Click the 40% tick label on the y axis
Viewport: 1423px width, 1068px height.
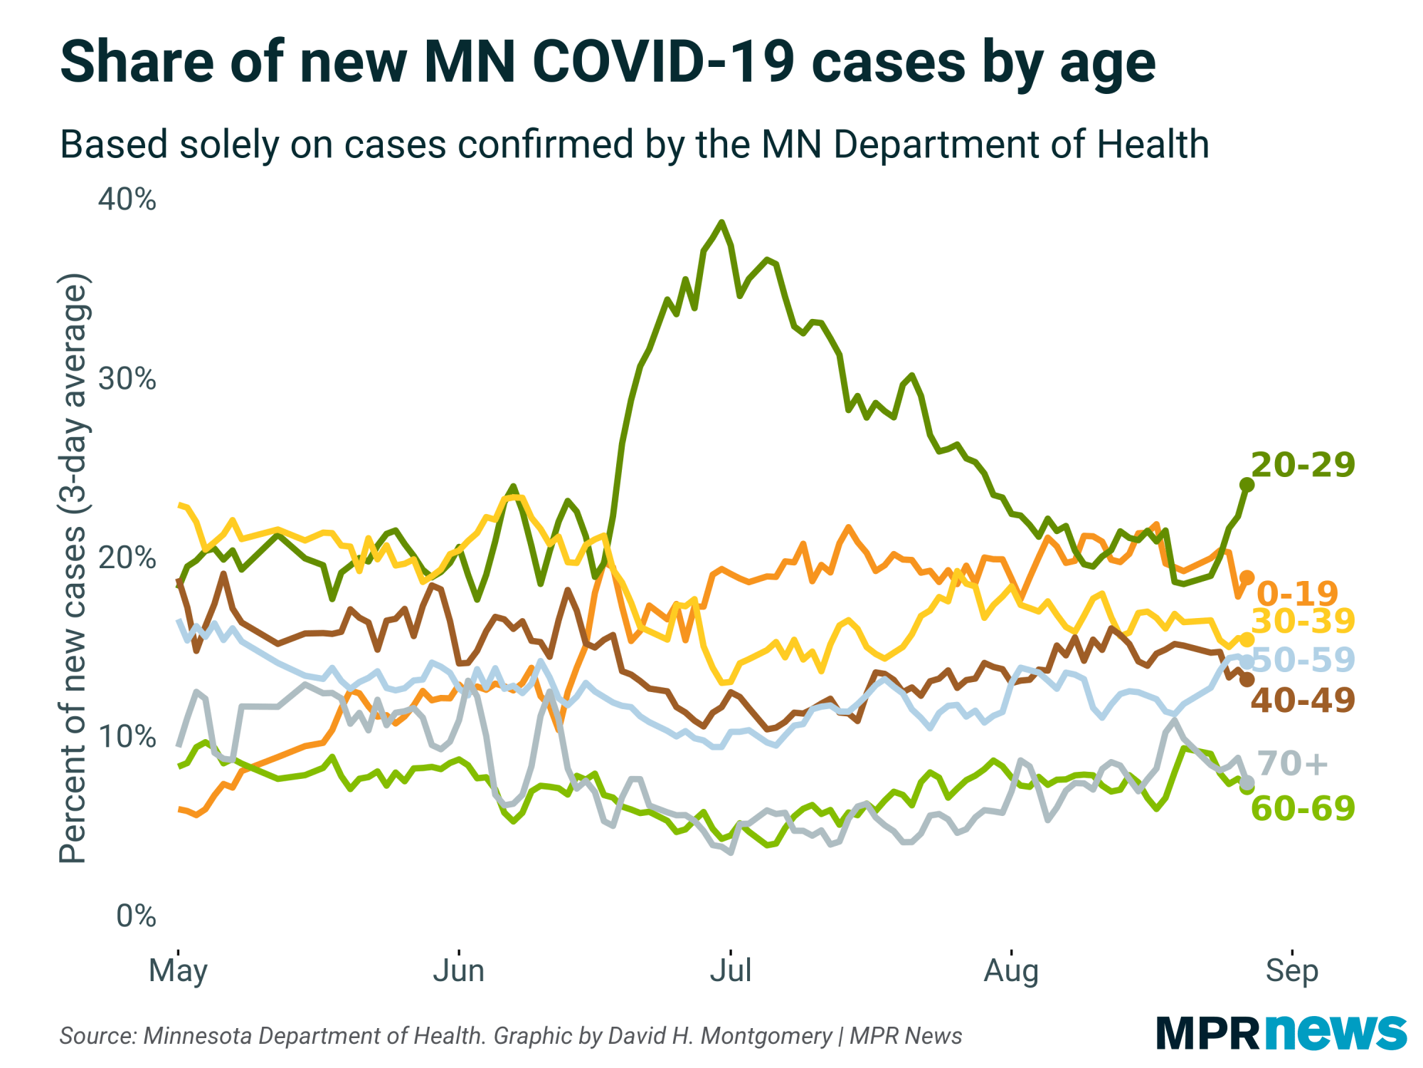tap(127, 200)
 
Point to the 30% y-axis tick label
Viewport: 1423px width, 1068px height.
tap(127, 379)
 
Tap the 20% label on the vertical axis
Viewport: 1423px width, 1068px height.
tap(127, 557)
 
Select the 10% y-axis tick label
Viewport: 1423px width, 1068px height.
tap(127, 736)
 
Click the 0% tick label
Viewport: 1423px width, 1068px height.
tap(136, 916)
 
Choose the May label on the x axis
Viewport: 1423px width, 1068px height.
tap(178, 970)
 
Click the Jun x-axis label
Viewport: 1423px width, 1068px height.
tap(459, 970)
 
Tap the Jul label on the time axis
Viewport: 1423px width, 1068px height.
tap(731, 970)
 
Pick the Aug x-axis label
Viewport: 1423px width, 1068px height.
tap(1011, 970)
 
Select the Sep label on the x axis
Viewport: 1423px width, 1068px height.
tap(1291, 970)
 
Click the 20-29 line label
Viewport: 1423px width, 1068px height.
tap(1303, 465)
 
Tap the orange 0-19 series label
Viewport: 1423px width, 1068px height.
tap(1297, 593)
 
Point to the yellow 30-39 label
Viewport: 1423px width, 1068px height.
tap(1303, 621)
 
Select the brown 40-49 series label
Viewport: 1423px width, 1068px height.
tap(1303, 700)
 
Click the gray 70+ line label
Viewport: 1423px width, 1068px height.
tap(1292, 763)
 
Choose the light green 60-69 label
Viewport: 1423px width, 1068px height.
tap(1303, 809)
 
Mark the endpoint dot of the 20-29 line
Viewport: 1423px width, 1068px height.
tap(1247, 485)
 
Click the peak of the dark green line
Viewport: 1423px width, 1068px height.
tap(722, 222)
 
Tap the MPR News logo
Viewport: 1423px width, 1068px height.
tap(1281, 1032)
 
